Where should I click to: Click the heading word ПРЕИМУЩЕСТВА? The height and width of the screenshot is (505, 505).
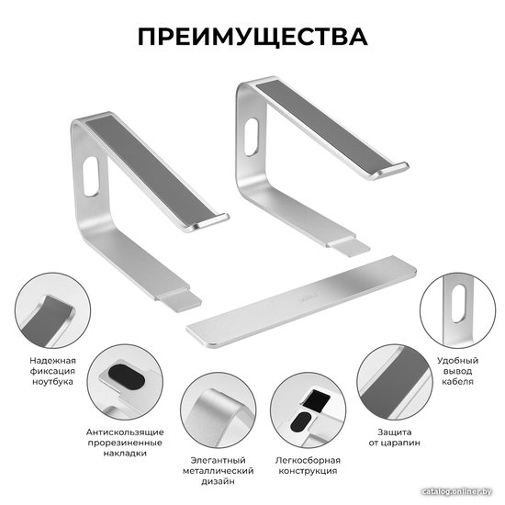(252, 37)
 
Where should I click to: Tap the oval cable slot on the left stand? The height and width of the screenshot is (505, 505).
(91, 176)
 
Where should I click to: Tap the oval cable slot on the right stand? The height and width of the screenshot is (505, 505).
(252, 138)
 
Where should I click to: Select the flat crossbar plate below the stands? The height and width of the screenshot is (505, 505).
(301, 301)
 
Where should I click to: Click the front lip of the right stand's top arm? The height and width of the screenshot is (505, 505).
(391, 170)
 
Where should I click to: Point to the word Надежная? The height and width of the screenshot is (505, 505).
(53, 361)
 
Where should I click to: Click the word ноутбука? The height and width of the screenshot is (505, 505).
(53, 382)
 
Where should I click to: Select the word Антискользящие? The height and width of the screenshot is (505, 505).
(125, 432)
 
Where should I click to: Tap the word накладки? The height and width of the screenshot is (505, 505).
(125, 454)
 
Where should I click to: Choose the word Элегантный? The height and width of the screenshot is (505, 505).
(218, 460)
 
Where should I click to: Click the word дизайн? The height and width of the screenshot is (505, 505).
(218, 481)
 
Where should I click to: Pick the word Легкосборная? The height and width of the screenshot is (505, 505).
(308, 460)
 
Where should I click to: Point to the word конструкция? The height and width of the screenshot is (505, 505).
(308, 471)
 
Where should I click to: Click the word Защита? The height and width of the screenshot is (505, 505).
(395, 432)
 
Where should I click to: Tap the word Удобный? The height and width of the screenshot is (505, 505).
(457, 361)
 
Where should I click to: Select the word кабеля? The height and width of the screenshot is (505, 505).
(457, 382)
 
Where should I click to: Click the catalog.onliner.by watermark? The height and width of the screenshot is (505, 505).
(456, 491)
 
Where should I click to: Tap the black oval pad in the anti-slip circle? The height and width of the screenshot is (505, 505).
(127, 376)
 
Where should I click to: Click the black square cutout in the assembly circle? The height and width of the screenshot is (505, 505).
(317, 400)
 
